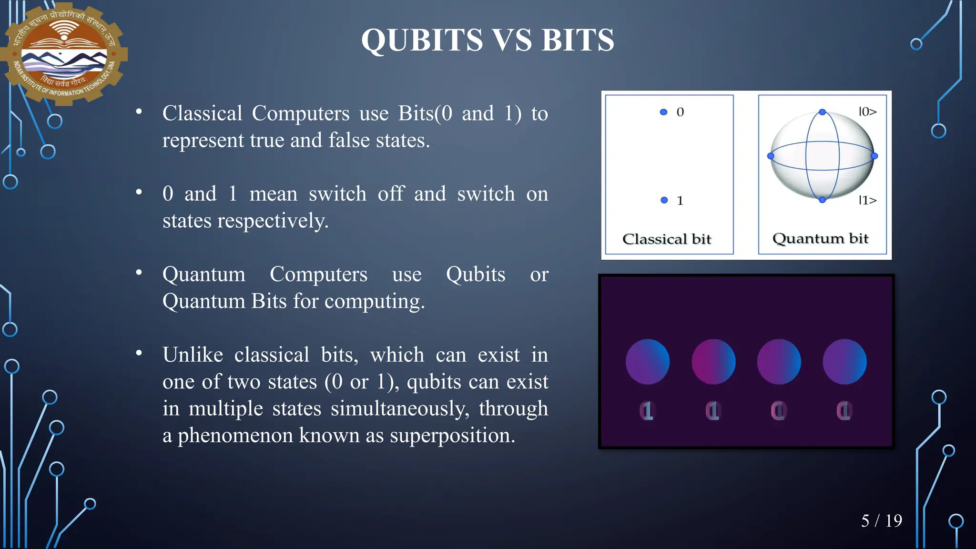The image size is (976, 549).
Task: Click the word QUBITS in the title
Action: click(x=422, y=40)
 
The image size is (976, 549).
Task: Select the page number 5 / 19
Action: click(x=881, y=521)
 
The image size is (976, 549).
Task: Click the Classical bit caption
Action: click(x=666, y=239)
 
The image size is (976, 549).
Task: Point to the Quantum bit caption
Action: click(x=820, y=238)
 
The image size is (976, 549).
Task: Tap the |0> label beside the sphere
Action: click(x=867, y=112)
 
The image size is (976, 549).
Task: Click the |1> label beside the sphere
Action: click(x=867, y=200)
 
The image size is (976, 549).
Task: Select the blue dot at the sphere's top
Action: click(x=822, y=112)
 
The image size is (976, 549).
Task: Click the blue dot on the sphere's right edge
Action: click(x=874, y=156)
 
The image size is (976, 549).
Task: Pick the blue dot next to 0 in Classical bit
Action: click(x=663, y=112)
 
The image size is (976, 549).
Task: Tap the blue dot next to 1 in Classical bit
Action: click(x=664, y=200)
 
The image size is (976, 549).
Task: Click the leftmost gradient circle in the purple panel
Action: click(x=647, y=362)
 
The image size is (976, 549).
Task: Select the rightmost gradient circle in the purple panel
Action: click(x=844, y=362)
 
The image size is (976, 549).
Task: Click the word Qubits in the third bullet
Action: click(x=475, y=274)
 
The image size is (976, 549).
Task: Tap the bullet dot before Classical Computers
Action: click(x=139, y=112)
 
